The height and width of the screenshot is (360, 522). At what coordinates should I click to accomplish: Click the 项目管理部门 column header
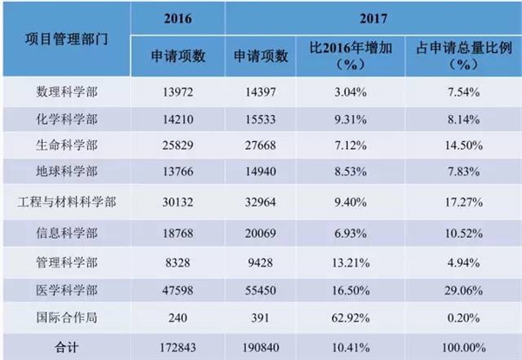click(66, 39)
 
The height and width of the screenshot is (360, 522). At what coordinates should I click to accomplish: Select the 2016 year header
click(178, 18)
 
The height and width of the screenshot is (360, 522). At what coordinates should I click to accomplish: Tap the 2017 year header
click(373, 18)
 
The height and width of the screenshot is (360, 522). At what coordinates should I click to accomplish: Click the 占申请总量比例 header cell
click(464, 56)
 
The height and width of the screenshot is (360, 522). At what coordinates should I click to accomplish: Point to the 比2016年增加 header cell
click(350, 56)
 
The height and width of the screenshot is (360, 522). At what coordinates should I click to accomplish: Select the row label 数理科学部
click(66, 92)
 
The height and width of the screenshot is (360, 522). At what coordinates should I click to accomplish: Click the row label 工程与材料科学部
click(66, 202)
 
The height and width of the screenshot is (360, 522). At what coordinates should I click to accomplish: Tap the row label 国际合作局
click(66, 317)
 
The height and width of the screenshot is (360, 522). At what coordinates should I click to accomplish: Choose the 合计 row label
click(66, 348)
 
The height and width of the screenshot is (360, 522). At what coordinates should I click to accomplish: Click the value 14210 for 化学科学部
click(178, 119)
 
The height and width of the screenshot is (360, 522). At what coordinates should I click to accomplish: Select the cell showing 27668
click(261, 146)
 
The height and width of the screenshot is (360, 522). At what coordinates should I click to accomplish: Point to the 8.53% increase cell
click(350, 172)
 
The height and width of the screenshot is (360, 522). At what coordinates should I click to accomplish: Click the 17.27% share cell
click(464, 202)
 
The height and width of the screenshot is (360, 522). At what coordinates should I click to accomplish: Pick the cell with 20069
click(261, 233)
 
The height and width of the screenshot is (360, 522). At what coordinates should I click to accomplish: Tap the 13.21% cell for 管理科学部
click(350, 262)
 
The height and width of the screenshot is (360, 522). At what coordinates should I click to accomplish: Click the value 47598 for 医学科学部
click(178, 290)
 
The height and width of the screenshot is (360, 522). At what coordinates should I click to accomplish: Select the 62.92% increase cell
click(350, 317)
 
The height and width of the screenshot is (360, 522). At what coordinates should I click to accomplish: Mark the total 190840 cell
click(261, 348)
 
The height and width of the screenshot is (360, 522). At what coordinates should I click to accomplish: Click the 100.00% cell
click(464, 348)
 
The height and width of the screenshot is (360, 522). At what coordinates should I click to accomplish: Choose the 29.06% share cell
click(464, 290)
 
